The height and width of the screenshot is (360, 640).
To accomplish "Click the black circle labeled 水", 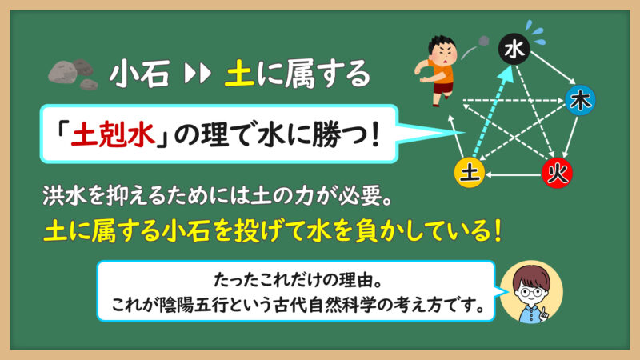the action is [x=514, y=49].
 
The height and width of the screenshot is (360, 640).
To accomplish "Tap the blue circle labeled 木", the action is [x=580, y=101].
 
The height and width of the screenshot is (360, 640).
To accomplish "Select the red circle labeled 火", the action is [x=557, y=174].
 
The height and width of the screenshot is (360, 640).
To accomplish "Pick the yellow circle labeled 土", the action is [x=470, y=173].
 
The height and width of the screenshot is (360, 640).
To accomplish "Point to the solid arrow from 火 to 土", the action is [x=514, y=175].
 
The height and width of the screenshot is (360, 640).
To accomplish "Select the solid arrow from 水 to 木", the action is [x=553, y=68].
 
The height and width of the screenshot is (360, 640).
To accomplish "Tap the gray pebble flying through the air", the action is [x=484, y=42].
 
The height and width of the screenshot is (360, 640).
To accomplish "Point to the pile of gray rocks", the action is [x=73, y=74].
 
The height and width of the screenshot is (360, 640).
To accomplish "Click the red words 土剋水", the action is [x=113, y=135].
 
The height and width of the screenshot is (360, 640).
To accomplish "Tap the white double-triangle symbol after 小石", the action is [x=198, y=74].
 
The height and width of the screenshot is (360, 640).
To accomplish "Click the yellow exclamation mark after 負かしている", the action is [x=497, y=230].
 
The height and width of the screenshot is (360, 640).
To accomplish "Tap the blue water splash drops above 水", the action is [x=535, y=32].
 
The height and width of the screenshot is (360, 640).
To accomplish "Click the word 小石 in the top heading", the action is [x=139, y=74].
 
